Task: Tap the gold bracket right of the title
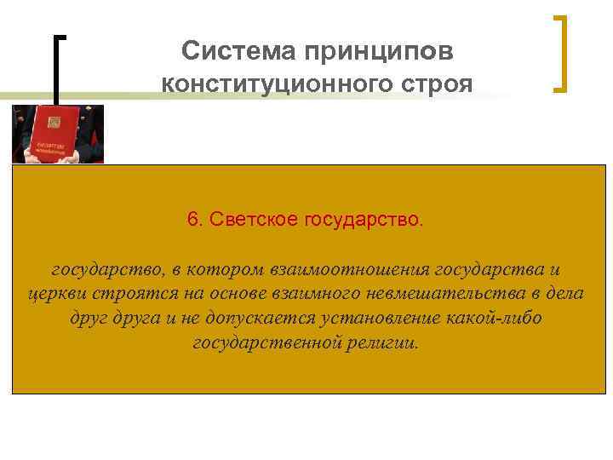pyautogui.click(x=560, y=53)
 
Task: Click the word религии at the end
pyautogui.click(x=377, y=342)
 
